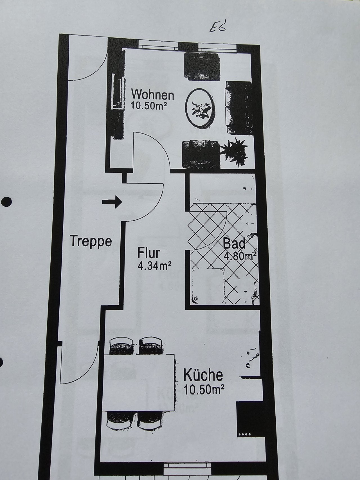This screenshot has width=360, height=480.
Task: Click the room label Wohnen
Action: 153,94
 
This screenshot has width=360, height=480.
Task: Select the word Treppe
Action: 91,242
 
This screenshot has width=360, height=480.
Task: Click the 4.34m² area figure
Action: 154,266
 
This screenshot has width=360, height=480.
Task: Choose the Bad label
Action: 234,244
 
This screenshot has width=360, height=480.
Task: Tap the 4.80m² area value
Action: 240,256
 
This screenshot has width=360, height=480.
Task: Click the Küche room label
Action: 203,375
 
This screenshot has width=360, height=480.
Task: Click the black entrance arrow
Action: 112,202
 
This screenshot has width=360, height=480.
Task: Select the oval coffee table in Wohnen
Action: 201,107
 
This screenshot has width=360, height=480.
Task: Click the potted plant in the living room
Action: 234,152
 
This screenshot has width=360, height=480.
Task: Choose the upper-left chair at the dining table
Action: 121,346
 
